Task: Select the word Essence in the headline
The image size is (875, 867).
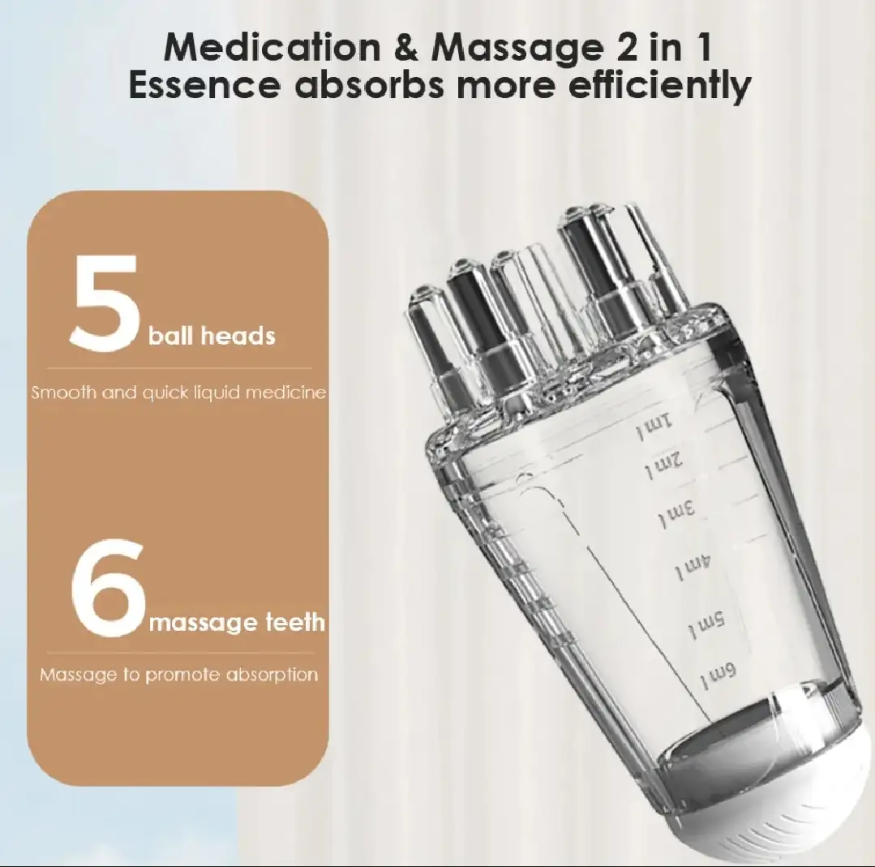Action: tap(204, 85)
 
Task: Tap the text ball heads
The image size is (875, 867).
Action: tap(212, 336)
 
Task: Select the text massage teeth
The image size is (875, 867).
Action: tap(237, 621)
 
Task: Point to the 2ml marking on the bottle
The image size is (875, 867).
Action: tap(663, 462)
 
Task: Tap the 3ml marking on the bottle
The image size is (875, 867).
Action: tap(676, 512)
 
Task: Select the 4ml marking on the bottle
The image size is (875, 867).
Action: tap(693, 565)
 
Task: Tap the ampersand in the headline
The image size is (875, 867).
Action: tap(405, 48)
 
